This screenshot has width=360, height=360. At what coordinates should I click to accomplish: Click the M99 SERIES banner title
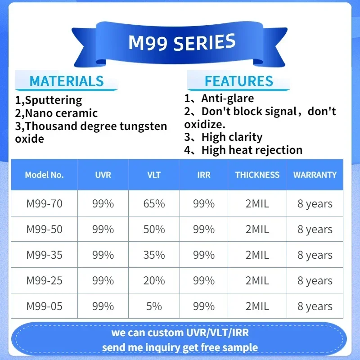(x=182, y=42)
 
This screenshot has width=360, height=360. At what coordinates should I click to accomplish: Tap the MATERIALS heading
(x=67, y=81)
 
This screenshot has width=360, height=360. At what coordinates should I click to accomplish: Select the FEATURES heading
(x=239, y=81)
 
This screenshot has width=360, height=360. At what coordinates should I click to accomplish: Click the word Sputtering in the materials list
(x=54, y=100)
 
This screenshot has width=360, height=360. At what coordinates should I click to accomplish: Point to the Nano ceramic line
(x=56, y=113)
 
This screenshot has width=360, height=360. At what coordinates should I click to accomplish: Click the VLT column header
(x=154, y=175)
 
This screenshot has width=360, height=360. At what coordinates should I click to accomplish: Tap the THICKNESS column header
(x=257, y=175)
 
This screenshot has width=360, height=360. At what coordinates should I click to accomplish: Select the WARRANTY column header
(x=315, y=175)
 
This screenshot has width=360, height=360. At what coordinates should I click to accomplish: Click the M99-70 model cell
(x=44, y=204)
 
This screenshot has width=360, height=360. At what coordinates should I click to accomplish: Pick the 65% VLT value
(x=154, y=204)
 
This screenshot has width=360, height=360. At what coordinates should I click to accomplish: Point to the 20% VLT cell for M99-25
(x=154, y=280)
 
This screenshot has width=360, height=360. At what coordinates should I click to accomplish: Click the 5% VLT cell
(x=154, y=306)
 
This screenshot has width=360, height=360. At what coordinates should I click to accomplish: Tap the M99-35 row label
(x=44, y=255)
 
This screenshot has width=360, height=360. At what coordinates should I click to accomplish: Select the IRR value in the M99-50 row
(x=204, y=229)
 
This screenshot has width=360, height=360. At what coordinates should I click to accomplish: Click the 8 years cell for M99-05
(x=315, y=306)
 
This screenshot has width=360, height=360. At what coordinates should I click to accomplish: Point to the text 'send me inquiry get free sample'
(x=180, y=347)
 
